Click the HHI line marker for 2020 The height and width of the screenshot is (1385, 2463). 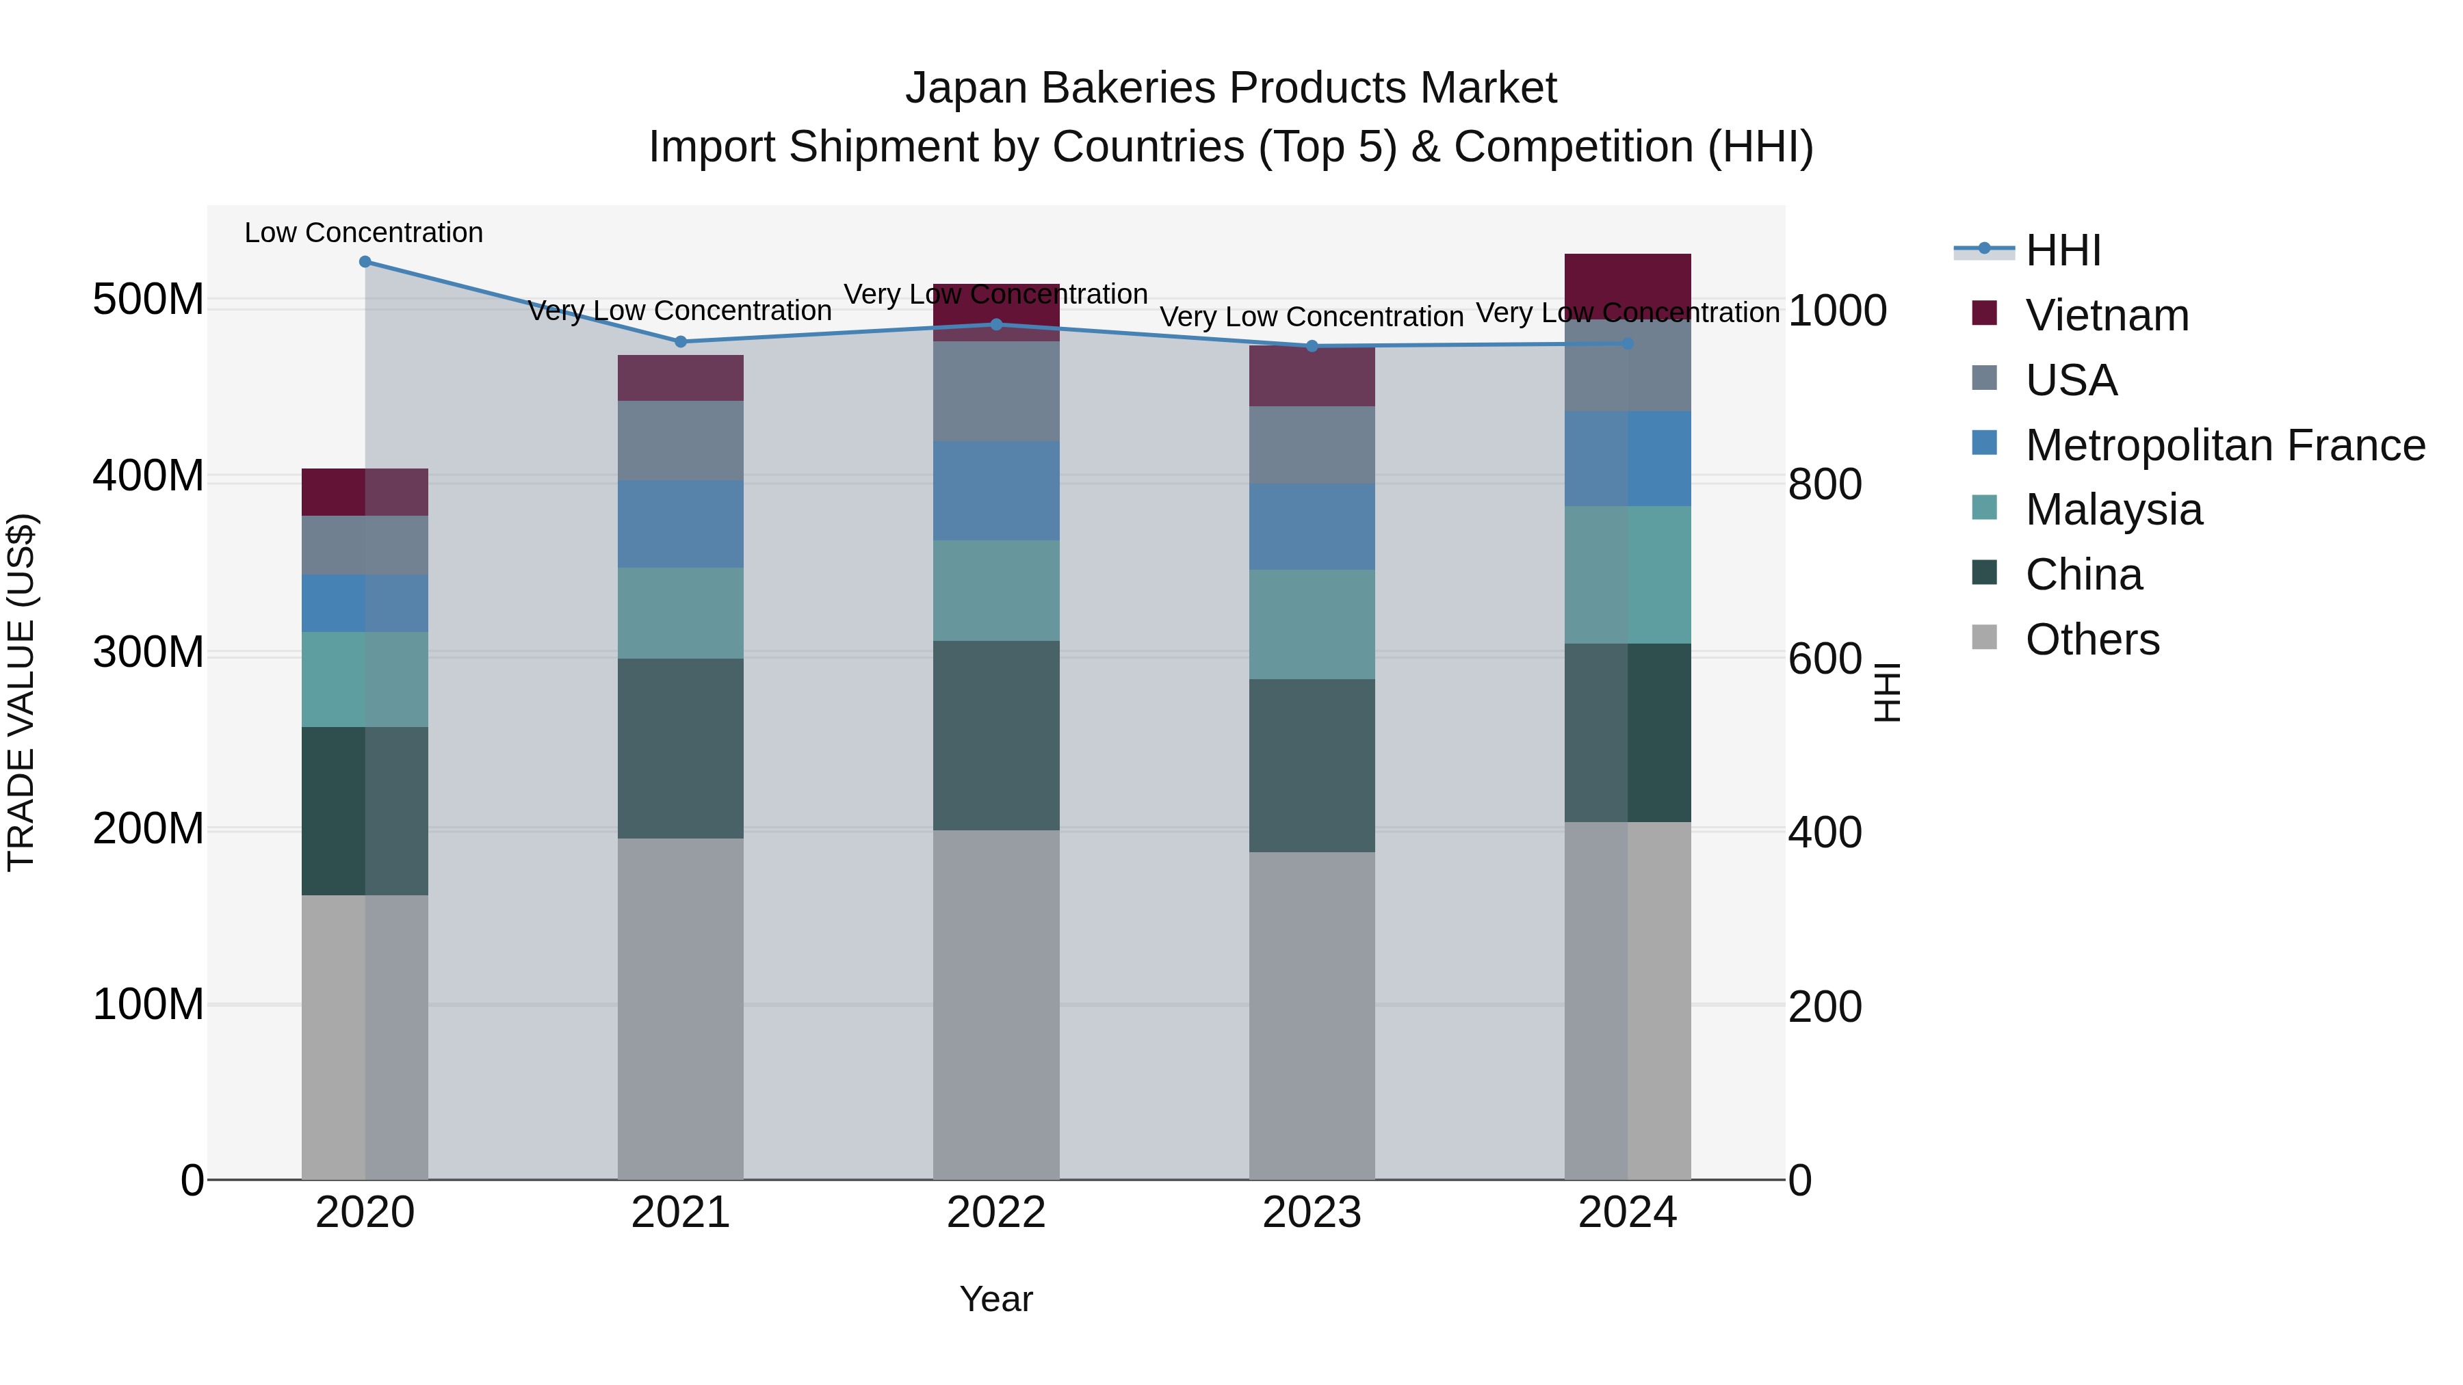[x=364, y=262]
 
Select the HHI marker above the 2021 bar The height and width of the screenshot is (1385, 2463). [x=681, y=341]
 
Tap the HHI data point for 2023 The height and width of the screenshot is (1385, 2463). [x=1312, y=346]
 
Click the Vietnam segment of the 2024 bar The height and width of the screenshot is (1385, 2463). [x=1628, y=285]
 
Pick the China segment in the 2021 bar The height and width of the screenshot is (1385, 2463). [x=681, y=748]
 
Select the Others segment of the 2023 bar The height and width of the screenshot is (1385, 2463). [x=1312, y=1015]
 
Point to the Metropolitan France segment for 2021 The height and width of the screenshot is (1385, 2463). [x=681, y=524]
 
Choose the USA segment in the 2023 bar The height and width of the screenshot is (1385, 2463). [x=1312, y=445]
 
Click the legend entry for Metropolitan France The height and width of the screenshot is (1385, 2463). [x=2224, y=445]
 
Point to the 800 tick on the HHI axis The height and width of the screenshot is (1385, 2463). [x=1824, y=484]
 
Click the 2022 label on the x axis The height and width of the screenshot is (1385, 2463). [x=996, y=1213]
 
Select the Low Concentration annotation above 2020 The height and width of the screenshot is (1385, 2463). [x=363, y=233]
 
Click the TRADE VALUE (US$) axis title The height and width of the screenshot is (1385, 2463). [x=21, y=692]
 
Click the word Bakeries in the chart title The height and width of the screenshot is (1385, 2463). [x=1126, y=88]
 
